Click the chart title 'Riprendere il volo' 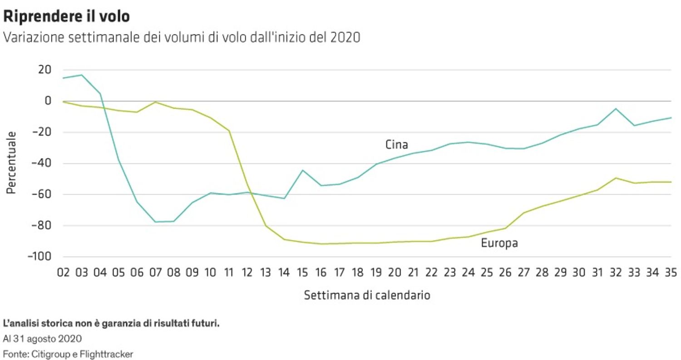67,17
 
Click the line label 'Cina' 396,145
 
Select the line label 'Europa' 499,243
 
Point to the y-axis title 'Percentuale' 11,163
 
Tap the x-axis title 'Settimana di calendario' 367,295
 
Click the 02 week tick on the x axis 63,272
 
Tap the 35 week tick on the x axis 671,272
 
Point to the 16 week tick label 321,272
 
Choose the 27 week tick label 523,272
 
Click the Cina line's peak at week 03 82,75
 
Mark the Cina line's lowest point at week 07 155,222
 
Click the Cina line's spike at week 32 616,108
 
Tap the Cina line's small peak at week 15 303,170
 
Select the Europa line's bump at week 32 616,178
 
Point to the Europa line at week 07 155,102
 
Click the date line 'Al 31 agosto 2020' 42,339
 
